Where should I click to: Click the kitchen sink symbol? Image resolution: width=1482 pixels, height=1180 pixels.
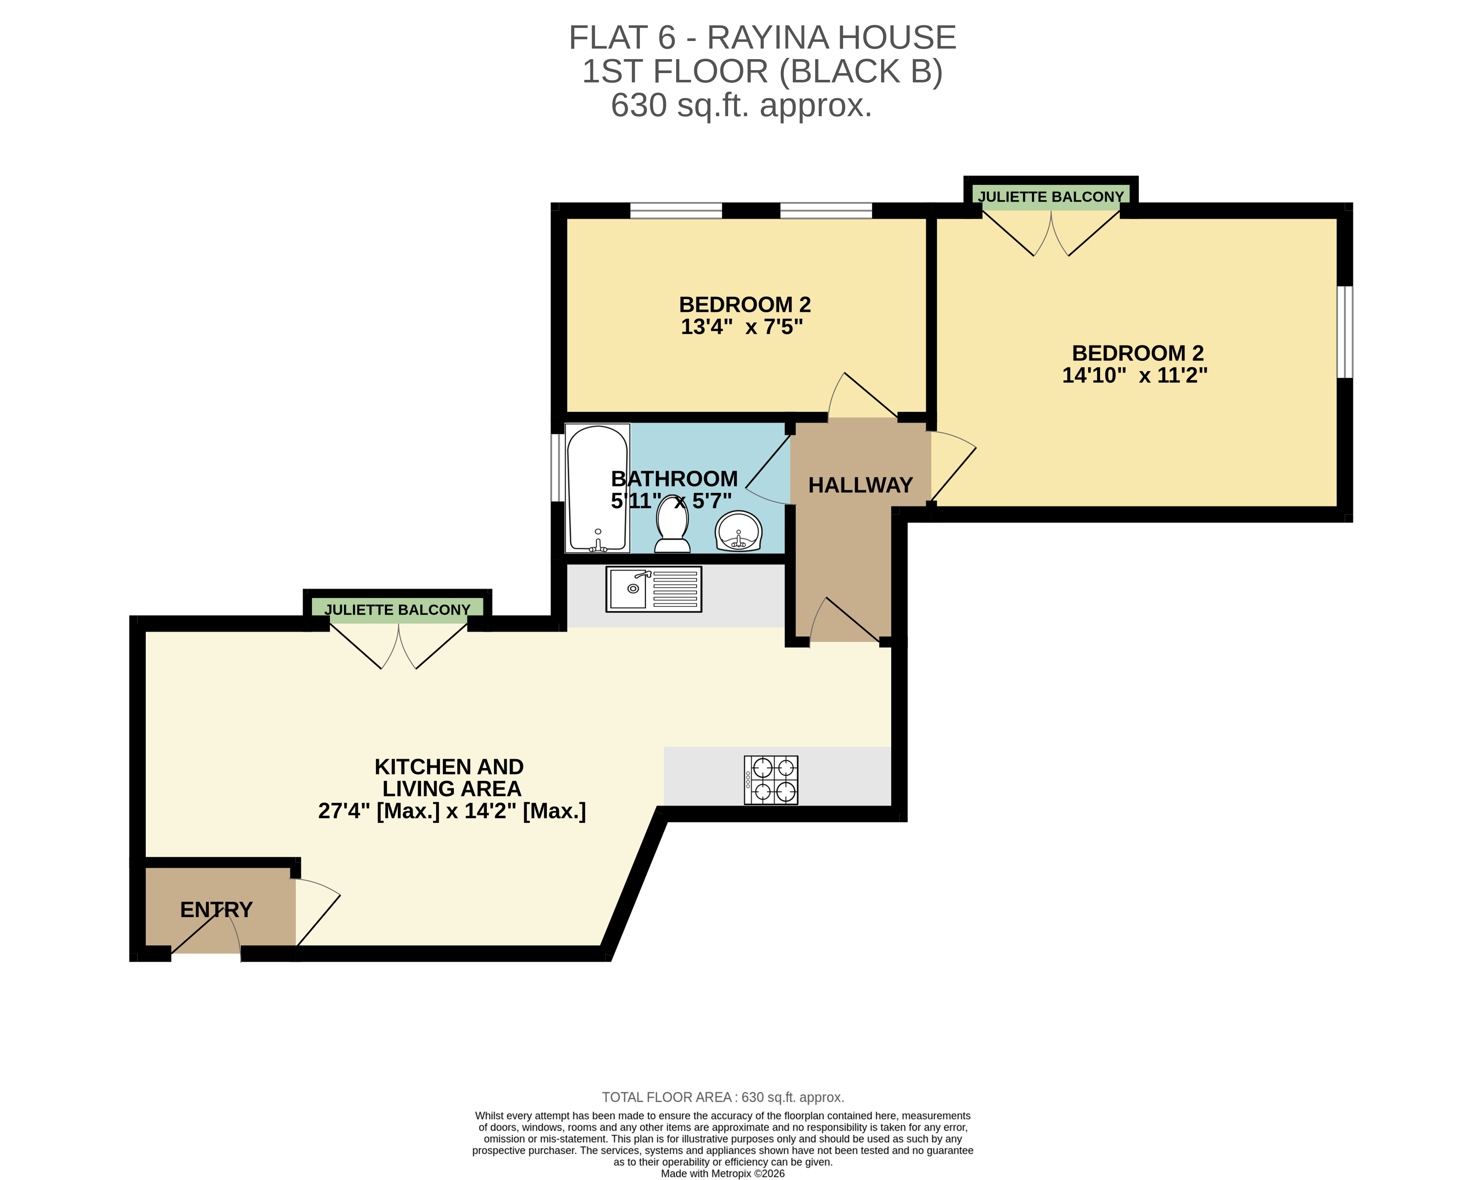click(653, 589)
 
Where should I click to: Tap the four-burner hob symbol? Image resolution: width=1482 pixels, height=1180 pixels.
click(770, 779)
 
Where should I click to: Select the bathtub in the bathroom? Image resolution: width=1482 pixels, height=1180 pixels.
click(597, 488)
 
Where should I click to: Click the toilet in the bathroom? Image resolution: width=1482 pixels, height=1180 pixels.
click(672, 526)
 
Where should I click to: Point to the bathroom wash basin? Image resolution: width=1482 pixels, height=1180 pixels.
click(738, 531)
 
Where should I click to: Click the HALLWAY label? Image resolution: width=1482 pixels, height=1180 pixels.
click(860, 485)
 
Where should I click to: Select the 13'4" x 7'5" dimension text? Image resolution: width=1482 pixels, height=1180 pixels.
click(742, 327)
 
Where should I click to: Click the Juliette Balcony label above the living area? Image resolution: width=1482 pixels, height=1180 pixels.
click(397, 610)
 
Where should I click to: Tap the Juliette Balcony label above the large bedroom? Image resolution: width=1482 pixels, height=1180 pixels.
click(1050, 196)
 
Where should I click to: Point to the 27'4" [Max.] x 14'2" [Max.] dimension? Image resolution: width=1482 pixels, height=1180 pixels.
click(452, 811)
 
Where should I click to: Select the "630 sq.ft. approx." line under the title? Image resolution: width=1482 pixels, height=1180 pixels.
click(741, 105)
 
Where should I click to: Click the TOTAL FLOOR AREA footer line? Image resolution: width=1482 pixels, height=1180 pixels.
click(723, 1098)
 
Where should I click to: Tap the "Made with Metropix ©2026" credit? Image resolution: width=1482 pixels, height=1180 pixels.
click(723, 1173)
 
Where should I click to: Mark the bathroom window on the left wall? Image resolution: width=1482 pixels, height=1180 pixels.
click(557, 467)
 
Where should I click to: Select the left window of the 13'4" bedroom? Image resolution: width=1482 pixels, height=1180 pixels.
click(676, 210)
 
